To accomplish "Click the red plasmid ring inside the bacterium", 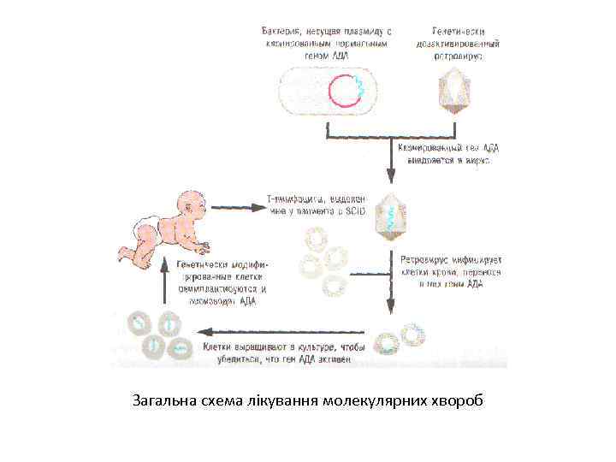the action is click(x=348, y=91).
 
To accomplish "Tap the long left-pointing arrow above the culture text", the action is click(x=282, y=331).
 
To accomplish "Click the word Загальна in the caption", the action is click(x=159, y=400).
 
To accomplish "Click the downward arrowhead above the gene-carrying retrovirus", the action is click(x=391, y=178).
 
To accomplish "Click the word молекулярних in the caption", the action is click(x=376, y=400).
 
